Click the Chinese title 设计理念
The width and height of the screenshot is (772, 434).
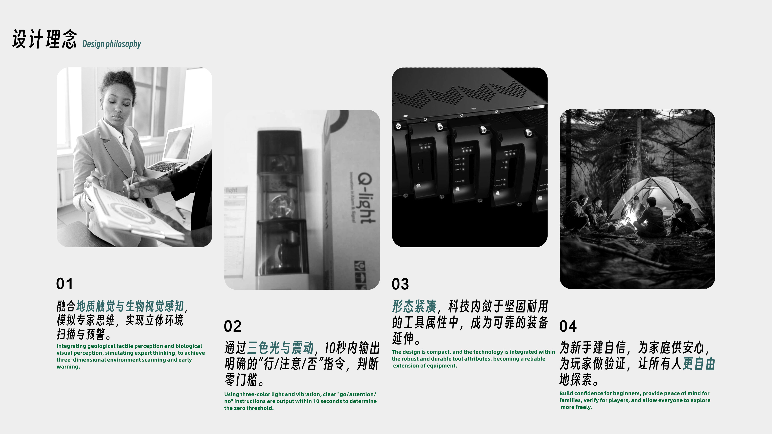tap(44, 39)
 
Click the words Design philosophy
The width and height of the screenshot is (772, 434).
tap(112, 44)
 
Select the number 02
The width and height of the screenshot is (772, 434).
tap(232, 326)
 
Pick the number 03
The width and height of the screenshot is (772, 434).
tap(400, 284)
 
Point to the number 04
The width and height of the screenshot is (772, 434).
tap(568, 326)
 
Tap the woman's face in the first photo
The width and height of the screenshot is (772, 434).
tap(120, 105)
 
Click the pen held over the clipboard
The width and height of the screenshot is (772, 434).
tap(131, 184)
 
